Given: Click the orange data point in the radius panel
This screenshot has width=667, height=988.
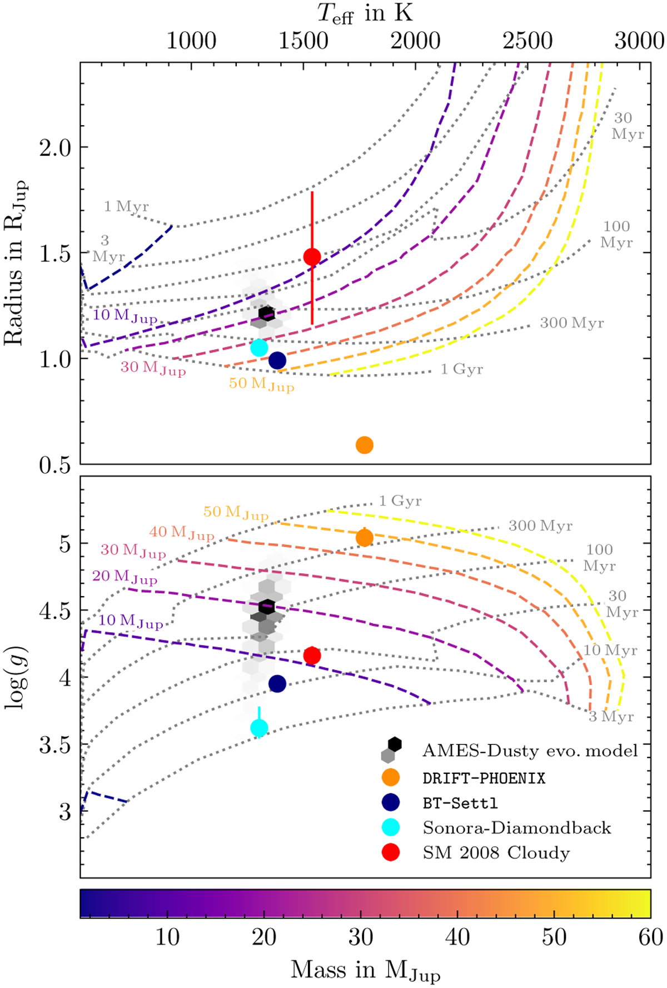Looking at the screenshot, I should click(364, 445).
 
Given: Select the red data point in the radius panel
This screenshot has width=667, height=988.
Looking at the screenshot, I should click(312, 257).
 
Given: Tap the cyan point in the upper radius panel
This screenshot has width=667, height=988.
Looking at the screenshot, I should click(259, 347).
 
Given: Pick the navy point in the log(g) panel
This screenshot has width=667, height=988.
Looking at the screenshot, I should click(277, 684).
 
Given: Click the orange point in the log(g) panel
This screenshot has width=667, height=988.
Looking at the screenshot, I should click(364, 538).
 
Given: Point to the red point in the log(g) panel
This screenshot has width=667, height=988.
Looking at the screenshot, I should click(312, 656).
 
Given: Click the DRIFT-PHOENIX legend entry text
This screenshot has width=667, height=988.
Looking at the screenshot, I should click(484, 778).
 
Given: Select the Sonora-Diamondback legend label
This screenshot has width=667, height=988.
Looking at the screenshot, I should click(517, 828).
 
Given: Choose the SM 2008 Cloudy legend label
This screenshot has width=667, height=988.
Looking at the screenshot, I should click(496, 853).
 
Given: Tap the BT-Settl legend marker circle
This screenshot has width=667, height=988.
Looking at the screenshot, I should click(391, 802).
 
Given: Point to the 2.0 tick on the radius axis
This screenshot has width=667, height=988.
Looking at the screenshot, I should click(56, 148).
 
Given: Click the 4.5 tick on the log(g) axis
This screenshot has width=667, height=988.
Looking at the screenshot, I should click(56, 611).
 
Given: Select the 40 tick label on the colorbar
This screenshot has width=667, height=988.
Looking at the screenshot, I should click(457, 937).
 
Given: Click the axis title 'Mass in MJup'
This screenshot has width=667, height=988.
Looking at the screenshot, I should click(365, 971).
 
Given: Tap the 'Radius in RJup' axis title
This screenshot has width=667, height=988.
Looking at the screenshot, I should click(16, 262).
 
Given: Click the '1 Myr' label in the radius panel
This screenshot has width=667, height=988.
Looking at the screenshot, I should click(126, 207).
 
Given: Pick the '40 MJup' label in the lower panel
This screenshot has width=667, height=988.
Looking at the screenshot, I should click(181, 533).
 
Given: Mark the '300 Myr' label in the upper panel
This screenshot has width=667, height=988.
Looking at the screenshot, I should click(571, 323).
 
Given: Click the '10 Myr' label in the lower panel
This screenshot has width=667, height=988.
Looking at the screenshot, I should click(610, 650).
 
